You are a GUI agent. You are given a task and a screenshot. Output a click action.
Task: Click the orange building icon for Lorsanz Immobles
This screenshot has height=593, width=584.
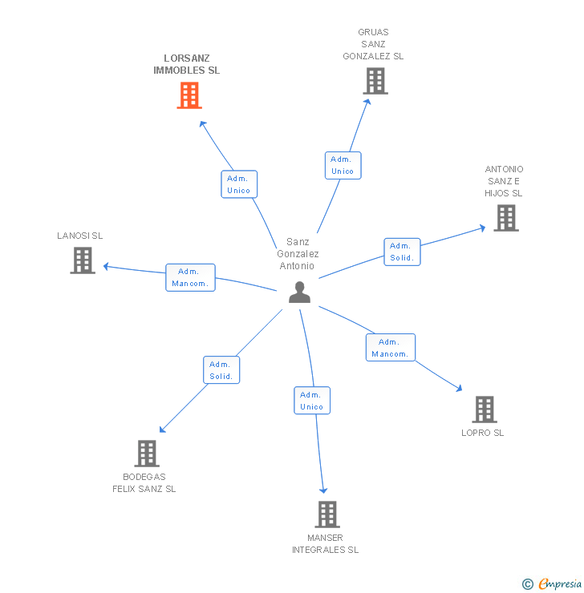[189, 95]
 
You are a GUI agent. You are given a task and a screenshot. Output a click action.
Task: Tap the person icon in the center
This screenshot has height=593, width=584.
[299, 292]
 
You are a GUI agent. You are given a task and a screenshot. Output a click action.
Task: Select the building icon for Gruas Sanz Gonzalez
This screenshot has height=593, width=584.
[375, 80]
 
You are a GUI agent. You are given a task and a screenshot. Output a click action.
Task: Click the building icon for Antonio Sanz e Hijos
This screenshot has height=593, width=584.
[505, 217]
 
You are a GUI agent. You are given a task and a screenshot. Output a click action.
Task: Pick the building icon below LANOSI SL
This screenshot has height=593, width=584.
[83, 260]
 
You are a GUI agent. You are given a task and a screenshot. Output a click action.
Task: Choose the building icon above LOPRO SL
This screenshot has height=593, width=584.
[484, 409]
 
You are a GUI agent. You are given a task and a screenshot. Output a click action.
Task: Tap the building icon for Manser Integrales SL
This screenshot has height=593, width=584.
[326, 514]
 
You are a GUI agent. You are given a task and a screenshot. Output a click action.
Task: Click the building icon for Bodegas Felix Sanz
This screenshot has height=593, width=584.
[146, 453]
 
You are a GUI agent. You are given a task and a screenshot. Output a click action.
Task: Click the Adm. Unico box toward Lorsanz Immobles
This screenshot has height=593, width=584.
[238, 184]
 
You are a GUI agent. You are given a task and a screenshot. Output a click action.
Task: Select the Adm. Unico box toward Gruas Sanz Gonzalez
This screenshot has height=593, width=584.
[343, 165]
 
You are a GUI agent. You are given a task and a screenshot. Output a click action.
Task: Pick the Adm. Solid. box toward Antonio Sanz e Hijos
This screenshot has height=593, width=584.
[402, 252]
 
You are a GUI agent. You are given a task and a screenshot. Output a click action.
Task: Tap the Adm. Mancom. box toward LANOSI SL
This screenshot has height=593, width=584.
[190, 277]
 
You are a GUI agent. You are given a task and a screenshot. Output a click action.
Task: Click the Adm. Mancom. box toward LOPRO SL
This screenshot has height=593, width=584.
[391, 348]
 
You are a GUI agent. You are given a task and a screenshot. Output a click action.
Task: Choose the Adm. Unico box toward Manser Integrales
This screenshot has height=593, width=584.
[312, 401]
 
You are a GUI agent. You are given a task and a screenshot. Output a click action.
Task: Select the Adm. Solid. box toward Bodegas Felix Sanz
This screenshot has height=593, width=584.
[221, 370]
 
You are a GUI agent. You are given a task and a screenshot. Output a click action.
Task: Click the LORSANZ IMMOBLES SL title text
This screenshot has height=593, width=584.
[187, 64]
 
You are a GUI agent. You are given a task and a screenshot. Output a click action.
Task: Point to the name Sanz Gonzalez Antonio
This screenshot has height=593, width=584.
[298, 254]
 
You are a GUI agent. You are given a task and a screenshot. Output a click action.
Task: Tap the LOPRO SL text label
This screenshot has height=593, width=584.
[483, 433]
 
